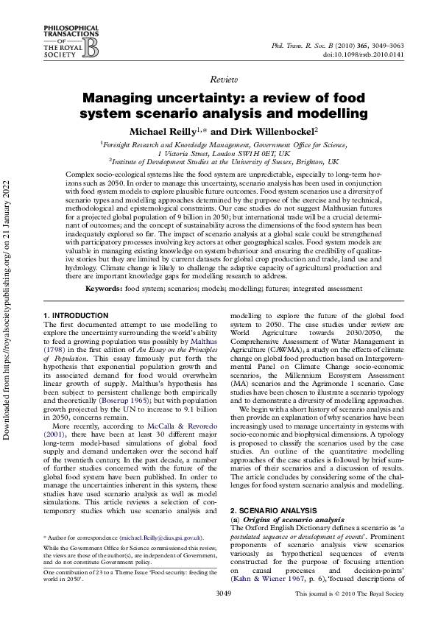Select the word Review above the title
(223, 78)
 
